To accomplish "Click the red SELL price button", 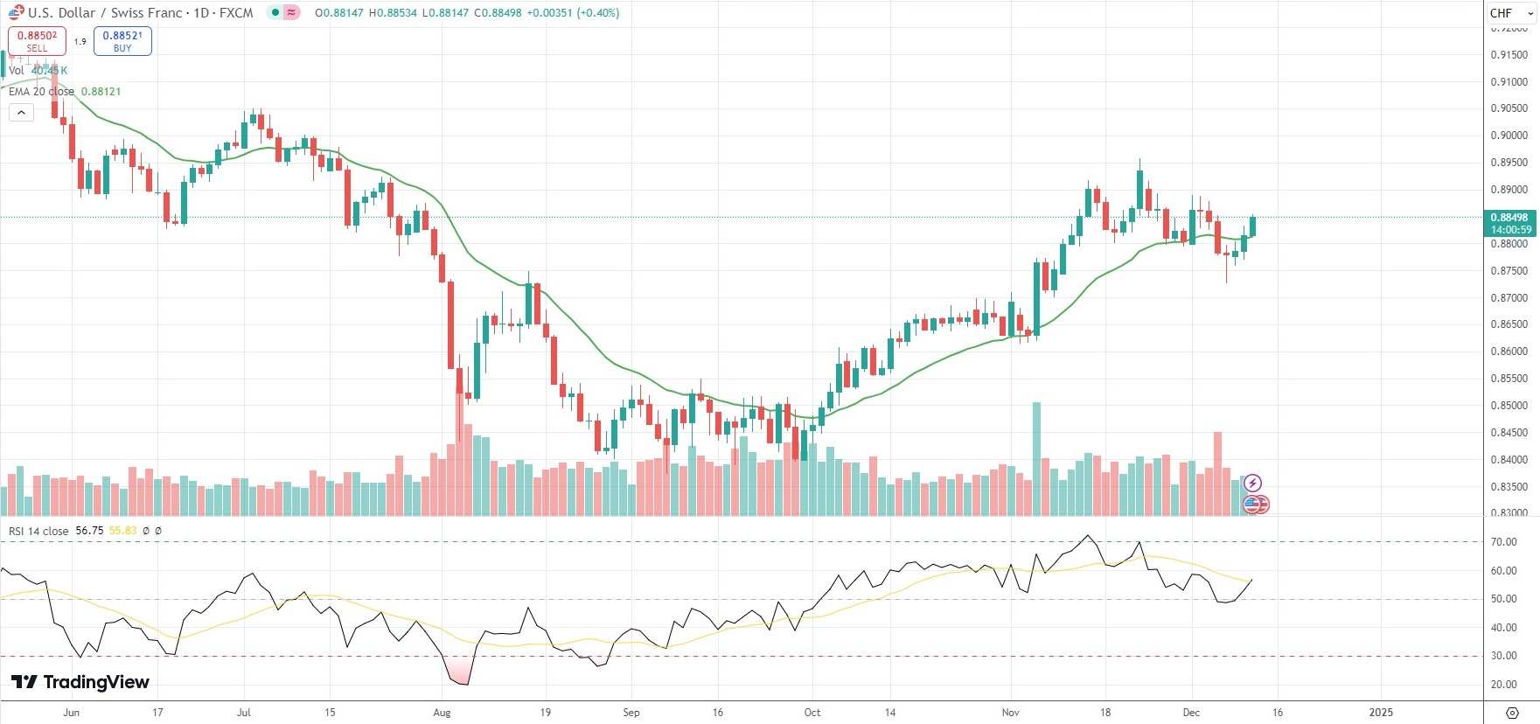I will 37,41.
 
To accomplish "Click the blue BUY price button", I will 122,41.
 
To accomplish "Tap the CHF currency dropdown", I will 1511,13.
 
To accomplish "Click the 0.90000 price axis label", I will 1509,136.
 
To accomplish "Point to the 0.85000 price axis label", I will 1509,406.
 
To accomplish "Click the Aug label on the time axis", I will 442,713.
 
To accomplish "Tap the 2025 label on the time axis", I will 1381,713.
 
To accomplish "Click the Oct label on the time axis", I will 812,713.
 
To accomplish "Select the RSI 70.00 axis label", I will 1504,542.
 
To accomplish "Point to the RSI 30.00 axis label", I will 1504,656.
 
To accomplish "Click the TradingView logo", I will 80,682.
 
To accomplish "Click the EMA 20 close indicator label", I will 41,92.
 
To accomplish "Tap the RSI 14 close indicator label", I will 38,531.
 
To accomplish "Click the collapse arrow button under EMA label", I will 21,112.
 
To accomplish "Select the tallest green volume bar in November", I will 1037,458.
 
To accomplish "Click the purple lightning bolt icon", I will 1252,484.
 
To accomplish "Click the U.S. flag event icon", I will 1254,504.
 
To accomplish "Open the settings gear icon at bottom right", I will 1512,713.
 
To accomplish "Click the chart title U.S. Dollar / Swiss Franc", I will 140,13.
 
